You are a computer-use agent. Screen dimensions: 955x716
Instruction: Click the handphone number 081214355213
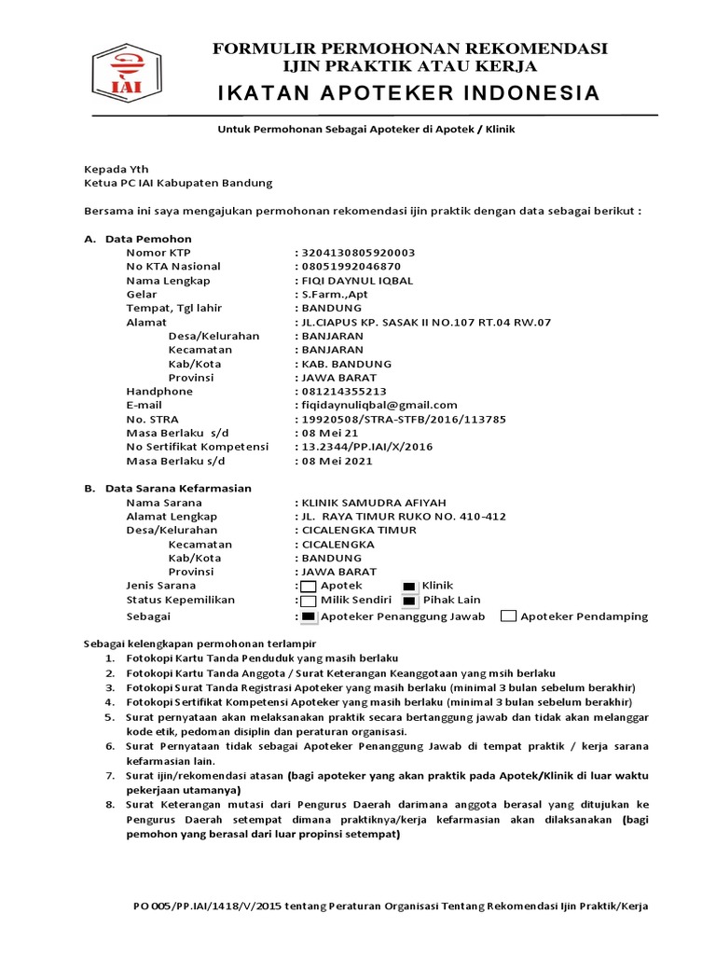pos(343,392)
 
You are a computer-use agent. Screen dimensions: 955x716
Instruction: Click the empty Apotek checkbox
pos(309,587)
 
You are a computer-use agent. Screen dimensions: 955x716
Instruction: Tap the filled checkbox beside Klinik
pos(408,587)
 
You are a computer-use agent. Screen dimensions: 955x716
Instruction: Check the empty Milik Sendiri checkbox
pos(309,602)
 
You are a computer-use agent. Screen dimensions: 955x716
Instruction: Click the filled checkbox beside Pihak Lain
pos(408,602)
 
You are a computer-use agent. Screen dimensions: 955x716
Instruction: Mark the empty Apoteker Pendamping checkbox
pos(508,616)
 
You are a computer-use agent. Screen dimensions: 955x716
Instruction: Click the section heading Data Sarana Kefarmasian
pos(178,488)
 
